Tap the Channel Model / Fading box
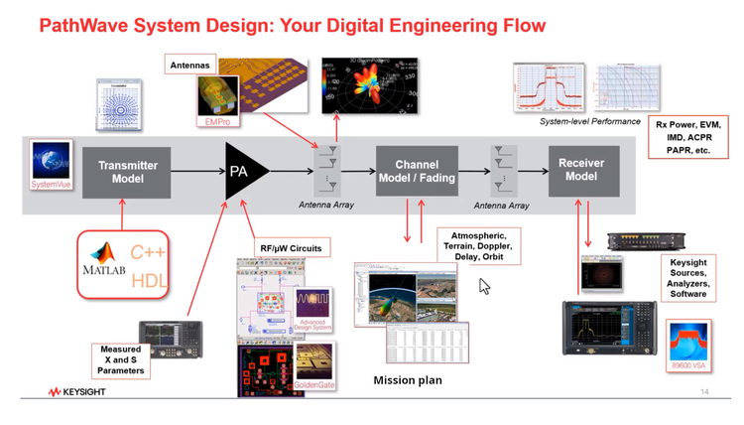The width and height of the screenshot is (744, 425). click(417, 171)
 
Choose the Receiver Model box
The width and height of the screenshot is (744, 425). click(580, 170)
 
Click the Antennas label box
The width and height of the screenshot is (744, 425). click(189, 66)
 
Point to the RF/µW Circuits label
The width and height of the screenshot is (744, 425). click(291, 247)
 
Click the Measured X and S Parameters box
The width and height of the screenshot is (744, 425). click(120, 360)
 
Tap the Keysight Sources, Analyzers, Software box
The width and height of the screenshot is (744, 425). click(688, 277)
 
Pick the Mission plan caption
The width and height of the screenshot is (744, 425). click(407, 380)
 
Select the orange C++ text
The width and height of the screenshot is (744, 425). click(149, 253)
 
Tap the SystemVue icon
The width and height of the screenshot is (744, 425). click(51, 165)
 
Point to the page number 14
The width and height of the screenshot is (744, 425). click(704, 392)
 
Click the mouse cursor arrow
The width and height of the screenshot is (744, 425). click(485, 286)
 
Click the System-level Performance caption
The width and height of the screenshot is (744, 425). click(589, 121)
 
